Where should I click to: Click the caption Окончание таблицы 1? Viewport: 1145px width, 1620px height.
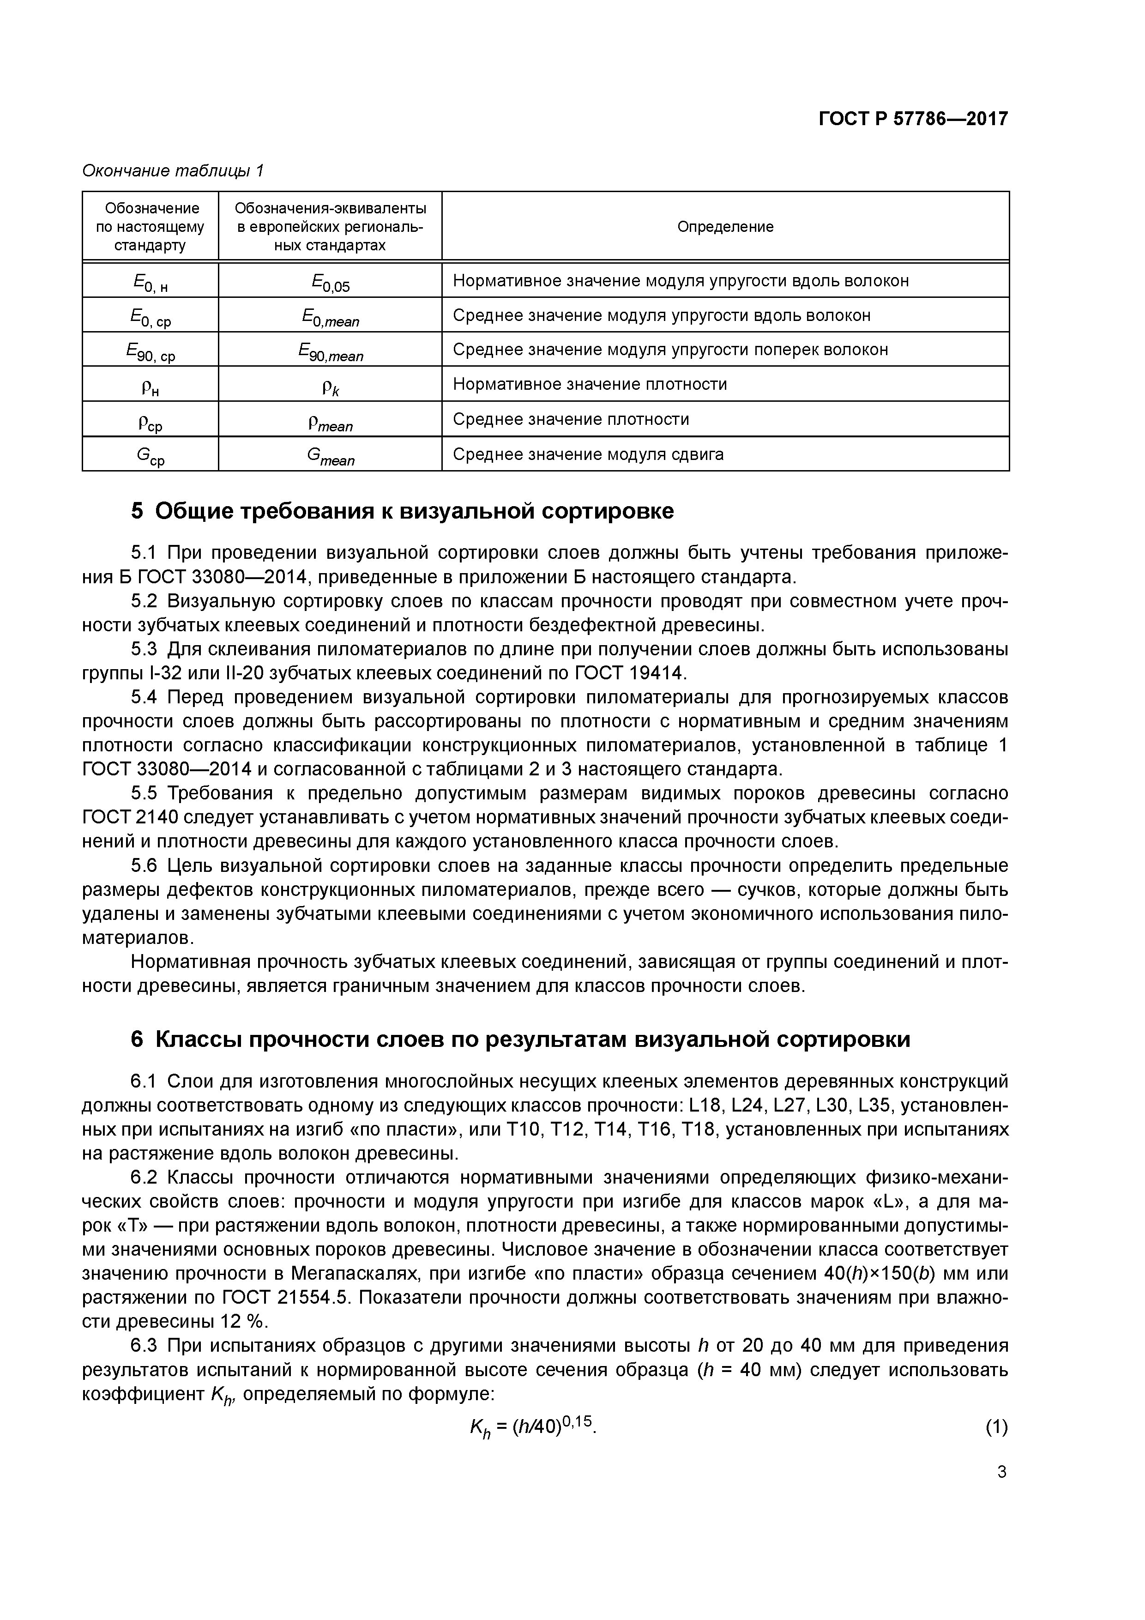click(x=173, y=171)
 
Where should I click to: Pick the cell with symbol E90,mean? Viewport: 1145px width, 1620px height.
click(x=330, y=351)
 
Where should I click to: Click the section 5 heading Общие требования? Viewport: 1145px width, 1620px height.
click(x=402, y=511)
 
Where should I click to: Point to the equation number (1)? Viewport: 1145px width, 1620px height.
click(x=995, y=1427)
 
